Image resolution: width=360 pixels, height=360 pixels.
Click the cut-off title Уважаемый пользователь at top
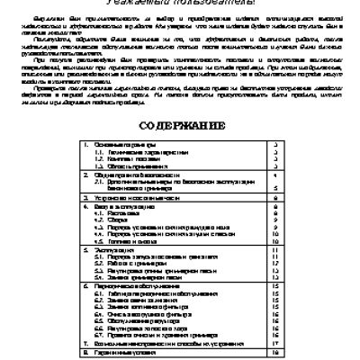pos(179,4)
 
